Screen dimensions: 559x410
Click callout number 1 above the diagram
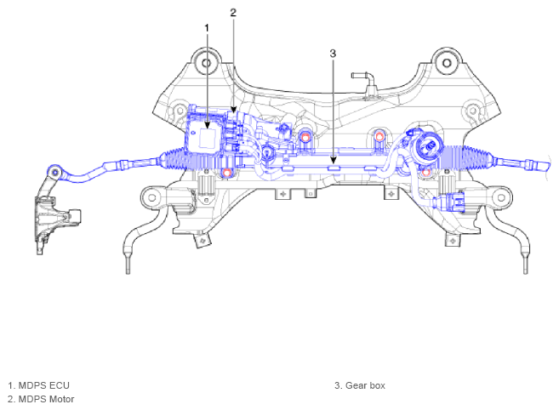tap(207, 28)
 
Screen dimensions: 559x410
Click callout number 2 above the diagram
tap(233, 13)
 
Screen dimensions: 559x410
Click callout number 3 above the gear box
tap(333, 54)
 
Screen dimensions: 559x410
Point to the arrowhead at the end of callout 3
tap(333, 161)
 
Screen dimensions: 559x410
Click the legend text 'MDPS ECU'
tap(44, 385)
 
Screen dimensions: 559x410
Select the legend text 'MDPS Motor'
tap(46, 399)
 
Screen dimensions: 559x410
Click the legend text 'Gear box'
tap(365, 385)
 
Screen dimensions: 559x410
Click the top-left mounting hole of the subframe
tap(206, 63)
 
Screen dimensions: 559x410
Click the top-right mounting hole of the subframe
tap(447, 63)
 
